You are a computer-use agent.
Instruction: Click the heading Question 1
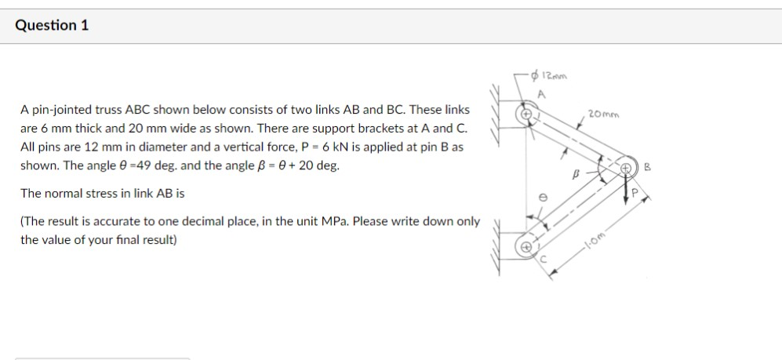point(52,25)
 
